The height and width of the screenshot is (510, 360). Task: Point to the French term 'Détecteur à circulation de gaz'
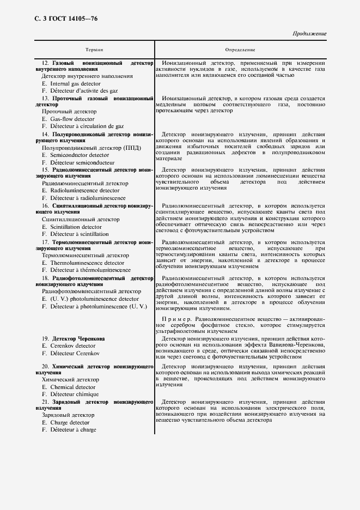pos(82,126)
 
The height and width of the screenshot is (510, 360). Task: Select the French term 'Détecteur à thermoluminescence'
pos(86,270)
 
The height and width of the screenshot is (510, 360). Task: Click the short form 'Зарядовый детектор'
pos(68,415)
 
